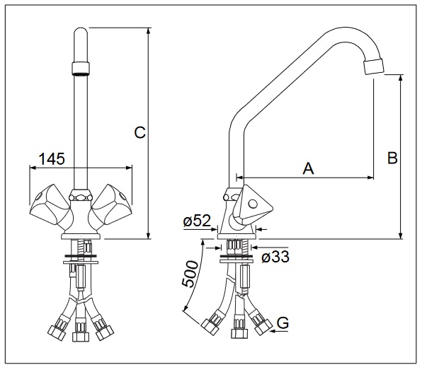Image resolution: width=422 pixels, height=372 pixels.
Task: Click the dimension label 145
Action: (52, 159)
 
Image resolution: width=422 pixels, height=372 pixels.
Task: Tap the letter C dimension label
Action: (140, 132)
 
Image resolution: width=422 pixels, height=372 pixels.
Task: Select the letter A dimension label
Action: (308, 168)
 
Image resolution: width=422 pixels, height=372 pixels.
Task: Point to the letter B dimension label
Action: (392, 158)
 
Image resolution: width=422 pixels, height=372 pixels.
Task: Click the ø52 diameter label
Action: (197, 221)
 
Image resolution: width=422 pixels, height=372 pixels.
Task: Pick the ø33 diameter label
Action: (275, 257)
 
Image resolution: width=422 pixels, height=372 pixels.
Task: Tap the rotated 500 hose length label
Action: (190, 274)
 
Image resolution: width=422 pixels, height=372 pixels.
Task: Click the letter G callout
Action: (283, 322)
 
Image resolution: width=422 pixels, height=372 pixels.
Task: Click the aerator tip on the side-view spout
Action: (374, 66)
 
